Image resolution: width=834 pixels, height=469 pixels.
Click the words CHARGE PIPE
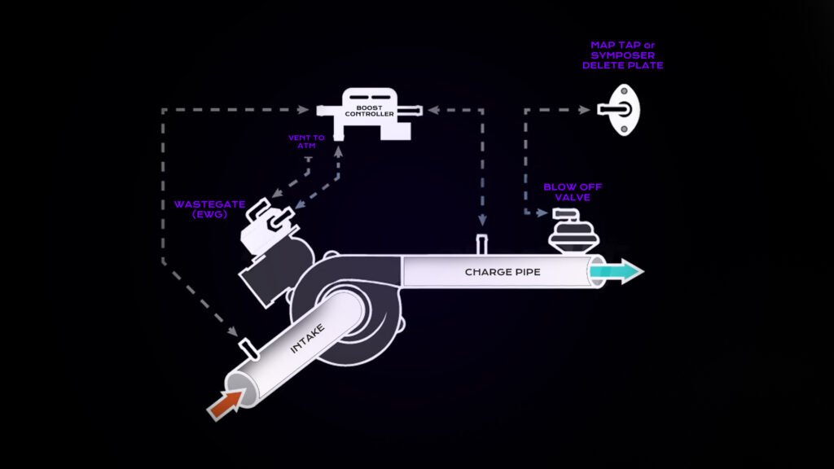(502, 272)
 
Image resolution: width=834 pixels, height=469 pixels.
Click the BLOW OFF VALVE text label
(567, 192)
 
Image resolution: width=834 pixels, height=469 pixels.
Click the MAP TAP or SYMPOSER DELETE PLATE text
(627, 55)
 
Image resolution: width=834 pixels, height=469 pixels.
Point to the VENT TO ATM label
(306, 142)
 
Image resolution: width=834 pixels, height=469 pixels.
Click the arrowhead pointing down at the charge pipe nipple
(481, 221)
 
